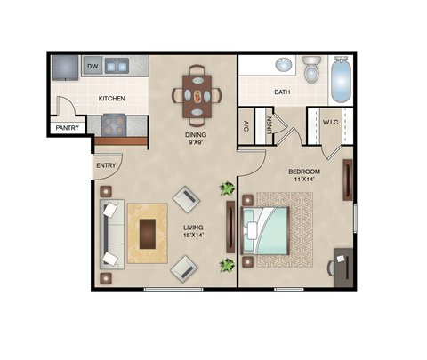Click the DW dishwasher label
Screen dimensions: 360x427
93,66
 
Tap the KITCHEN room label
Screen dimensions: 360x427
111,98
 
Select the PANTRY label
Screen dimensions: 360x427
67,128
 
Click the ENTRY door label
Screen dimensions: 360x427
105,166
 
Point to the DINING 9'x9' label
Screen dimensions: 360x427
196,140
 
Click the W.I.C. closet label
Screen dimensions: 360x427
331,122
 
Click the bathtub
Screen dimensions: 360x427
341,79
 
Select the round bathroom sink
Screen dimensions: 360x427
283,65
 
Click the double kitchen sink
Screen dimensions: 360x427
117,66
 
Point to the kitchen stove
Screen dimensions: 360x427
113,124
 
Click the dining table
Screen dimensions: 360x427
197,93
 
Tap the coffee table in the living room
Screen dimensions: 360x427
148,233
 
